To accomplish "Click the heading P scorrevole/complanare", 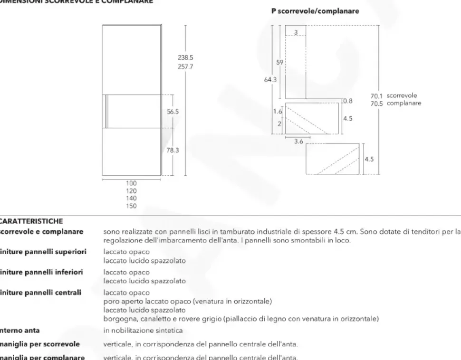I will coord(315,11).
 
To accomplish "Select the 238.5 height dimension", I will coord(185,57).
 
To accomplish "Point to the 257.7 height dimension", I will coord(185,67).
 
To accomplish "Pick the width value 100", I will coord(131,183).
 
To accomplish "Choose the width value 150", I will coord(131,206).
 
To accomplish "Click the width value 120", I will coord(131,191).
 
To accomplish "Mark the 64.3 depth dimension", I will coord(270,80).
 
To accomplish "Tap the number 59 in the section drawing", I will coord(280,62).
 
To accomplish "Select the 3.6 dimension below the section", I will coord(298,142).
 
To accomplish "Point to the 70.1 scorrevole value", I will coord(376,96).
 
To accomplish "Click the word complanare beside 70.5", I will coord(404,103).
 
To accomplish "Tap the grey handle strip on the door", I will coord(107,112).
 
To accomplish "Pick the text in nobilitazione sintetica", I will coord(143,330).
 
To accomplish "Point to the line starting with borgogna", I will coord(241,318).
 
